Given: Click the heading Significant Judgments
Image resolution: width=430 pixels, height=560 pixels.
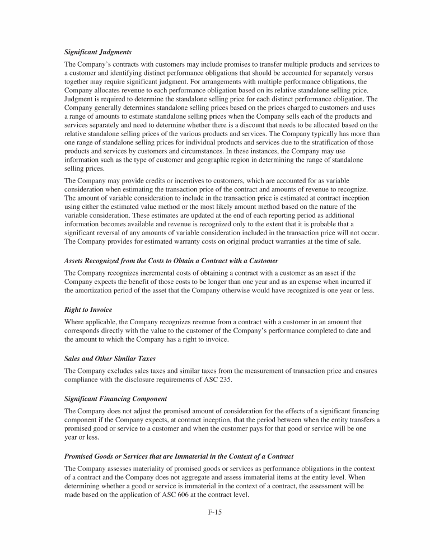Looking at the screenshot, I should [x=98, y=52].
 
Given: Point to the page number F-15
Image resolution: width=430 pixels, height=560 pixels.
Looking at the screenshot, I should [x=215, y=511].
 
